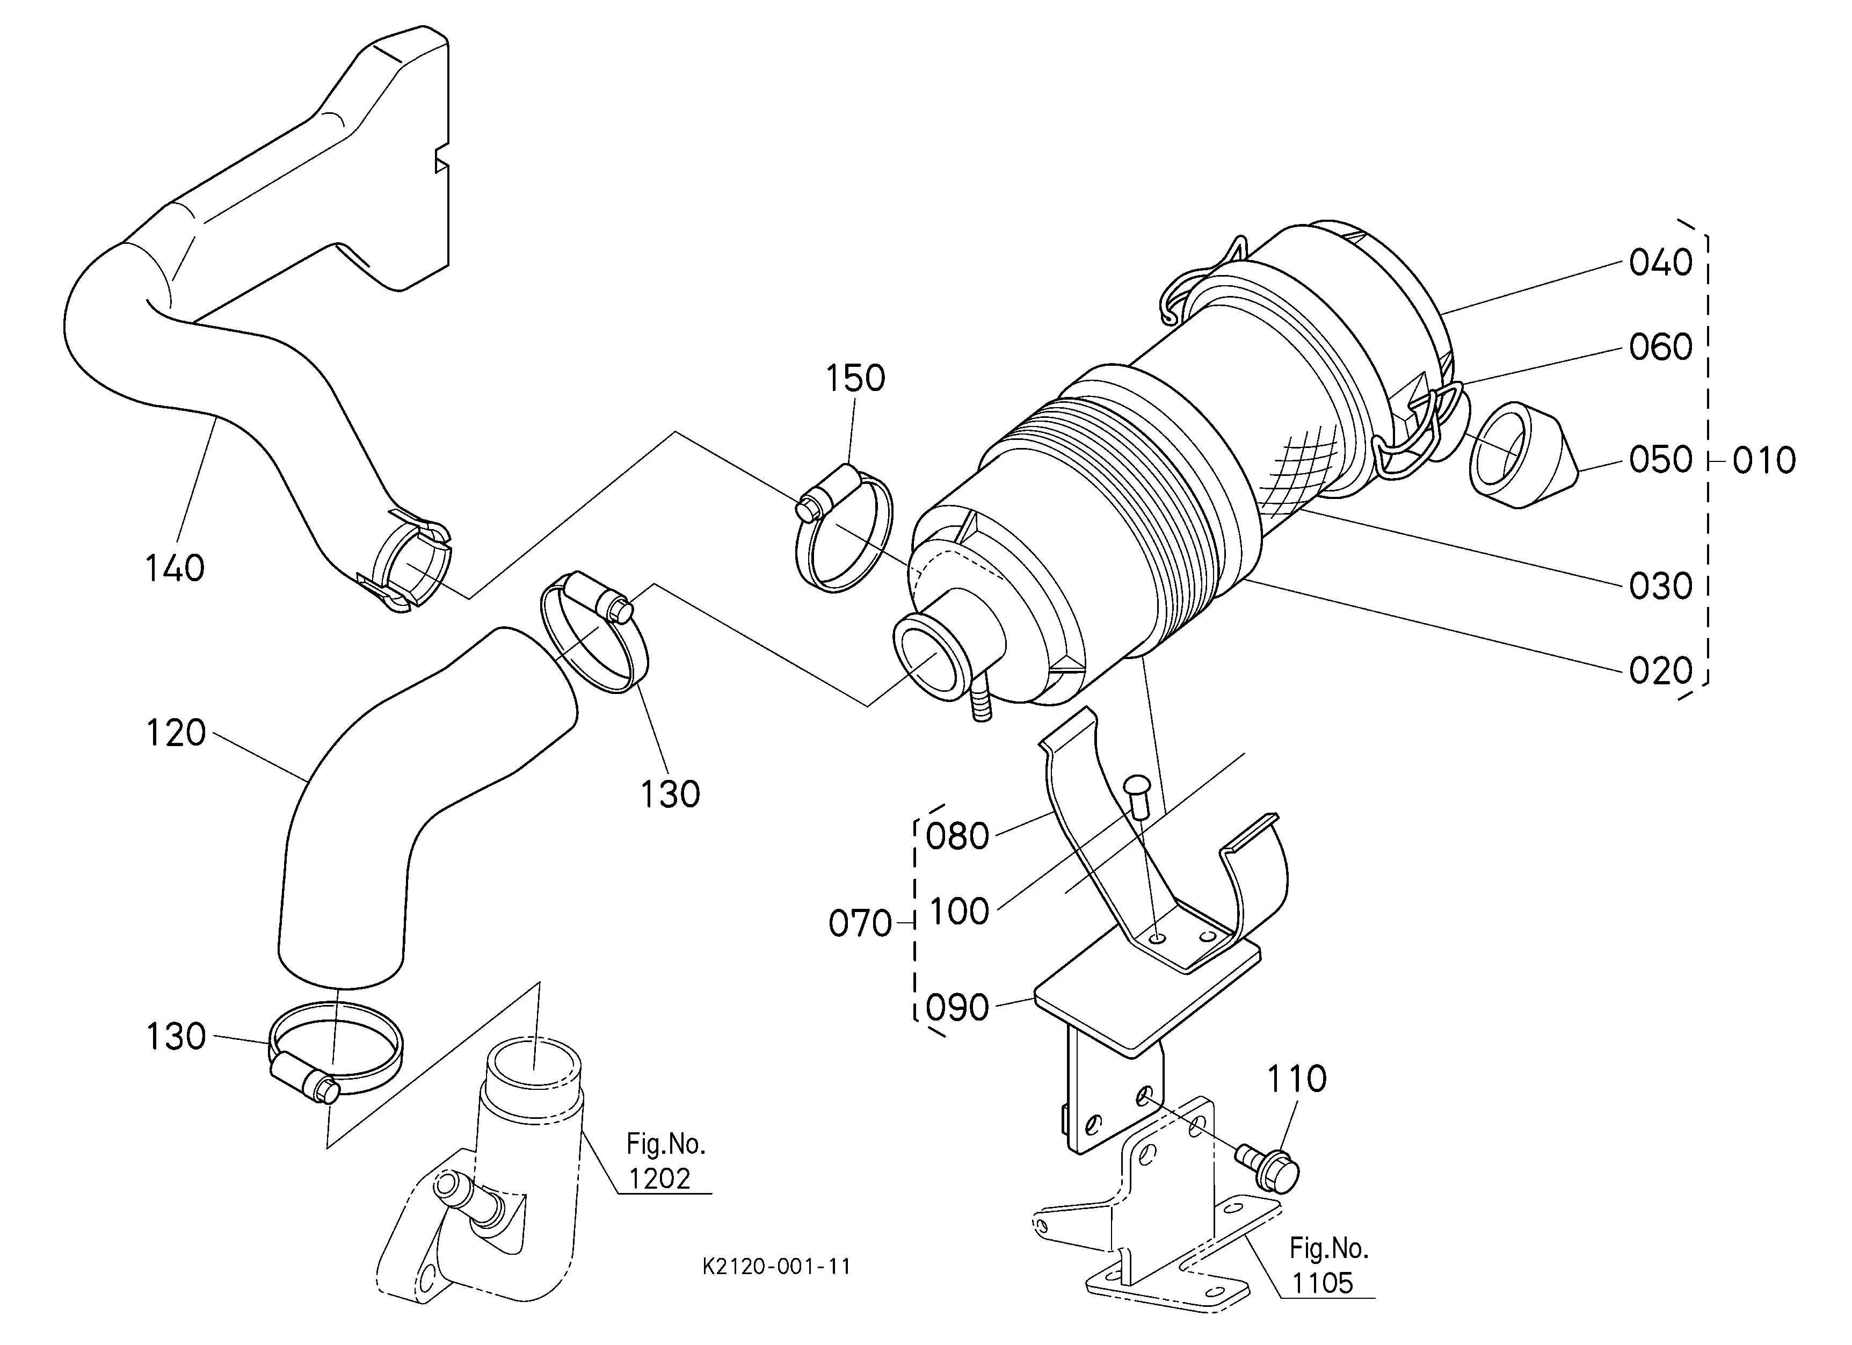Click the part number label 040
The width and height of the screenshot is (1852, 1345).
click(1661, 263)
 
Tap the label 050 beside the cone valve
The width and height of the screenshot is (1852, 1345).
click(1661, 460)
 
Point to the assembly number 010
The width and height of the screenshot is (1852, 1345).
click(1764, 461)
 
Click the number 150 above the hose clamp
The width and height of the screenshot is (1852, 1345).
click(855, 379)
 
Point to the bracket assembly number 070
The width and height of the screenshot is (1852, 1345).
click(860, 924)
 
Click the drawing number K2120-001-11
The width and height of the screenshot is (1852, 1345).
click(776, 1267)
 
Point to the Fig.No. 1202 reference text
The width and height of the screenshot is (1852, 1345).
click(665, 1161)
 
